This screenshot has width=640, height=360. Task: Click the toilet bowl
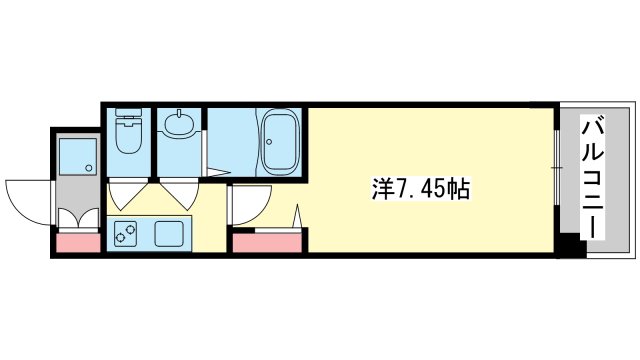(x=128, y=136)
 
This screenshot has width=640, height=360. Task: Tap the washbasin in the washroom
(x=179, y=123)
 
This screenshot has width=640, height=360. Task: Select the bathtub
(x=280, y=142)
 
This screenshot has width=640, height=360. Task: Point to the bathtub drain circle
(x=269, y=142)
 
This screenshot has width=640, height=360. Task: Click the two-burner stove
(x=125, y=233)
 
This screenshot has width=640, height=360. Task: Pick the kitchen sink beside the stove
(x=169, y=233)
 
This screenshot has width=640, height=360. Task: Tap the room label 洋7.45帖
(x=420, y=189)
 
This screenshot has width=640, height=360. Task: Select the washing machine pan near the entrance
(x=78, y=157)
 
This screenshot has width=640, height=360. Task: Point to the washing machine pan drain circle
(x=89, y=167)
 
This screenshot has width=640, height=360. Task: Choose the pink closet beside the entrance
(x=78, y=243)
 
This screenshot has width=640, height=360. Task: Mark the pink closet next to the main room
(x=267, y=243)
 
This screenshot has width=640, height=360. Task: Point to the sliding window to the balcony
(x=556, y=168)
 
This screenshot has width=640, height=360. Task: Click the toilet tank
(x=128, y=113)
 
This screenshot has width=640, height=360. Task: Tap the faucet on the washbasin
(x=179, y=113)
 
